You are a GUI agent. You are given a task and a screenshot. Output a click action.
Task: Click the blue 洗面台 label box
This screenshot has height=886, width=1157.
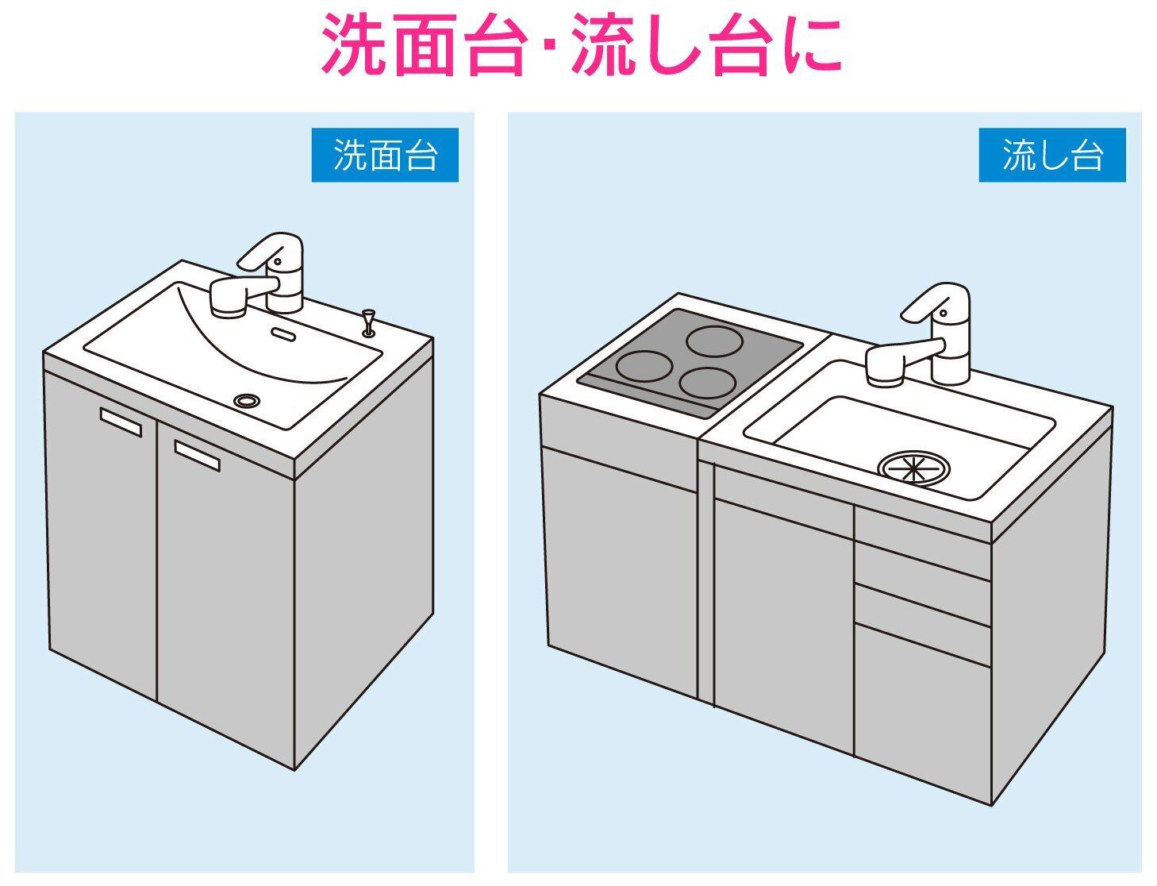pos(385,155)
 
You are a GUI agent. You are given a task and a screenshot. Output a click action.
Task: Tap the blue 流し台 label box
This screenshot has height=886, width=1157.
pos(1052,155)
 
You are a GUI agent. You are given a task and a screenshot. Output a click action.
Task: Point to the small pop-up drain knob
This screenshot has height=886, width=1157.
pos(367,322)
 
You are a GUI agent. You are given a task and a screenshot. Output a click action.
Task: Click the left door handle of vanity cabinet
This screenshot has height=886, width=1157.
pos(121,422)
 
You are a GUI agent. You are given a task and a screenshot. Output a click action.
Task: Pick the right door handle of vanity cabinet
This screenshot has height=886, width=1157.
pos(197,456)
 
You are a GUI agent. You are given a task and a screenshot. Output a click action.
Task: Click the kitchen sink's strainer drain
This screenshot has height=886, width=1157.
pos(913,468)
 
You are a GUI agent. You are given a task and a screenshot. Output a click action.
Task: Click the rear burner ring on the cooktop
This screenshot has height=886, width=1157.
pos(713,342)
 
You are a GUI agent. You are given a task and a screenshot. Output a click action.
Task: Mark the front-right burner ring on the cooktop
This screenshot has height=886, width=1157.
pos(707,383)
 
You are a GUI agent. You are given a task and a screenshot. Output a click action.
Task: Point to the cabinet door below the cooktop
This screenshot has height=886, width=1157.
pos(619,572)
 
